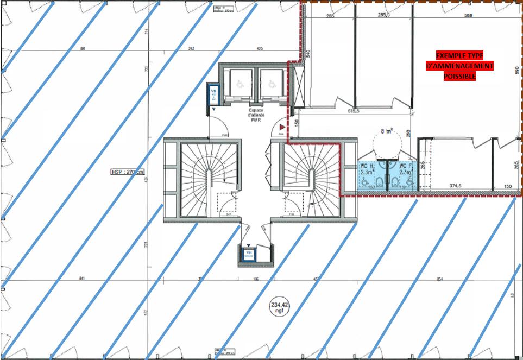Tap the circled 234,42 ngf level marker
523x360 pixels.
tap(279, 308)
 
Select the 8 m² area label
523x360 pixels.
tap(386, 130)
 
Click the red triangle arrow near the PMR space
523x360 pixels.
tap(281, 126)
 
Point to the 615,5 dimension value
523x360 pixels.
tap(354, 111)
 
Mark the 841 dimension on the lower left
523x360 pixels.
tap(82, 279)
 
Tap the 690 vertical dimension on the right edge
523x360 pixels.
tap(516, 71)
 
